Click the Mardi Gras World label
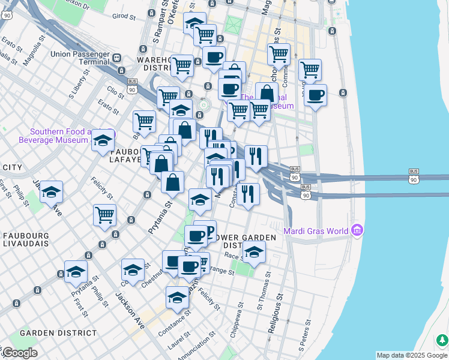tap(316, 230)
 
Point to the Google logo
tap(19, 353)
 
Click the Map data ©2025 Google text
tap(412, 355)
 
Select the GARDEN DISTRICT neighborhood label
tap(58, 332)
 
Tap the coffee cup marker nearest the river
tap(315, 94)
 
